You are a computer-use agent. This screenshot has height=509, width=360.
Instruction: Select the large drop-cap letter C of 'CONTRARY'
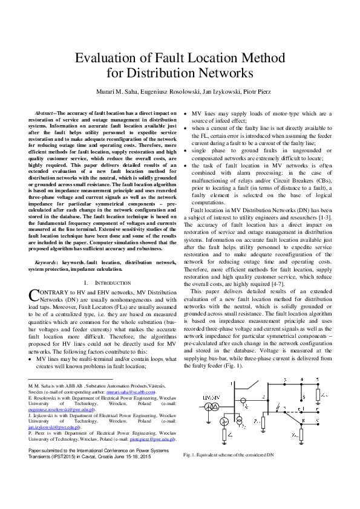[34, 295]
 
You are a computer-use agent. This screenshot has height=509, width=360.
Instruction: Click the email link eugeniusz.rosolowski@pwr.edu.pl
[54, 409]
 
